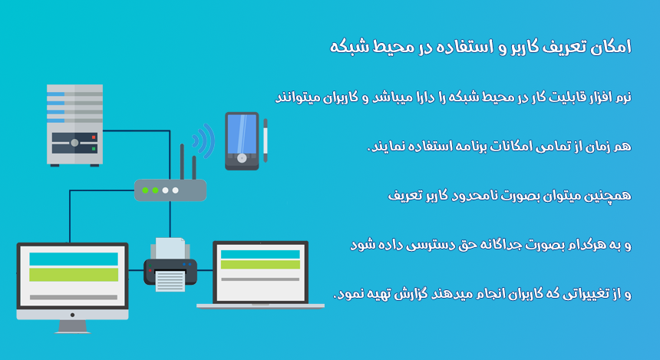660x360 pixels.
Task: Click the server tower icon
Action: pyautogui.click(x=75, y=125)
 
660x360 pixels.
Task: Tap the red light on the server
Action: pyautogui.click(x=94, y=137)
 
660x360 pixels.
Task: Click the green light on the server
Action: pyautogui.click(x=94, y=149)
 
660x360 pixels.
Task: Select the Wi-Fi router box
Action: pyautogui.click(x=170, y=190)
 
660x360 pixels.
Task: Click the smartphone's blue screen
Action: pyautogui.click(x=242, y=134)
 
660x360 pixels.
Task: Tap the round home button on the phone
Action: pyautogui.click(x=242, y=158)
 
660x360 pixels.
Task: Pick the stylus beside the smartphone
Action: pyautogui.click(x=266, y=140)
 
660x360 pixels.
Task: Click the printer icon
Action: pyautogui.click(x=170, y=265)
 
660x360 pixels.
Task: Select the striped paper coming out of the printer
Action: pyautogui.click(x=170, y=281)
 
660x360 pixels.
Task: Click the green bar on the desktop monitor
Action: pyautogui.click(x=74, y=275)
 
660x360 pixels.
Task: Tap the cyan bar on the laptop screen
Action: pyautogui.click(x=260, y=254)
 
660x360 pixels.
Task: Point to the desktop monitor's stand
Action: pyautogui.click(x=72, y=327)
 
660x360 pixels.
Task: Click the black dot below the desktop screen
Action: pyautogui.click(x=72, y=315)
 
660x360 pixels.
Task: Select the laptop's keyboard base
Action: pyautogui.click(x=260, y=306)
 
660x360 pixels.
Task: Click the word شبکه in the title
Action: pyautogui.click(x=347, y=46)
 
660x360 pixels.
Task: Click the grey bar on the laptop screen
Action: pyautogui.click(x=260, y=279)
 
